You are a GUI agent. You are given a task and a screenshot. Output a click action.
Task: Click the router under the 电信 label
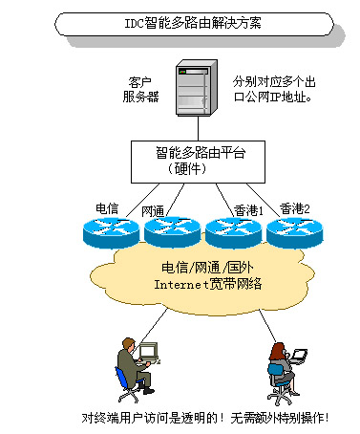point(110,228)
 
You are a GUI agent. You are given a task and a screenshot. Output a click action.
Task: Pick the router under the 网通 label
point(169,229)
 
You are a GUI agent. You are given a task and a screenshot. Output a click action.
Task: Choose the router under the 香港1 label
point(230,229)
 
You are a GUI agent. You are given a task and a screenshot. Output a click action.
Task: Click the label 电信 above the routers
point(107,207)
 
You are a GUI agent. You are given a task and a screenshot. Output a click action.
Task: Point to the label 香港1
point(248,208)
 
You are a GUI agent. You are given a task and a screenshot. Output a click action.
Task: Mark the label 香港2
point(295,207)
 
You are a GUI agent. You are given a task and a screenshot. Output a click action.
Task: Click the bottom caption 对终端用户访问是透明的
point(205,418)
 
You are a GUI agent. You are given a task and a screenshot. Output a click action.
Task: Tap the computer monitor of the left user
point(148,353)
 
